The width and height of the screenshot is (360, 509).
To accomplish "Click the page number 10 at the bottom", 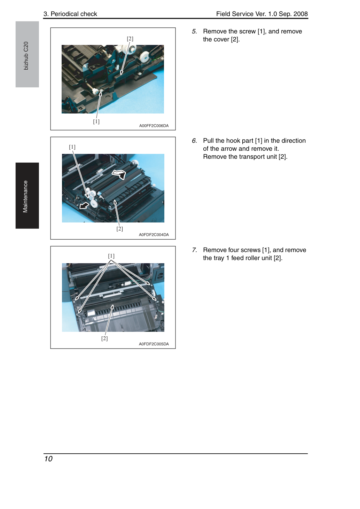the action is [x=48, y=459].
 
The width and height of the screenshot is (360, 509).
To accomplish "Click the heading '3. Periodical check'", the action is [x=70, y=14].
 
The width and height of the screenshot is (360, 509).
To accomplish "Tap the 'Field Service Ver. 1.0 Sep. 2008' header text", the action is [x=262, y=14].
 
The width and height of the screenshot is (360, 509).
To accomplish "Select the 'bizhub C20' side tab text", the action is [x=26, y=56].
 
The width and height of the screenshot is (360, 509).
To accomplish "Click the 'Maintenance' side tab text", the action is [x=25, y=197].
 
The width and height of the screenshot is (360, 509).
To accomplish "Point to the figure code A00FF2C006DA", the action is [x=154, y=126].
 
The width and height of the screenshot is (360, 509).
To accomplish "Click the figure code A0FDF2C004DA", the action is [x=154, y=235].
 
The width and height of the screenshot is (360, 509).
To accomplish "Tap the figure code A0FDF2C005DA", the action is [x=154, y=344].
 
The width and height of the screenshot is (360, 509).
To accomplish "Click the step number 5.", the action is [x=194, y=31].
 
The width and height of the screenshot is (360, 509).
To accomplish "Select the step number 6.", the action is [x=194, y=141].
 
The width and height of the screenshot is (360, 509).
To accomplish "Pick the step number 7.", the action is [x=194, y=250].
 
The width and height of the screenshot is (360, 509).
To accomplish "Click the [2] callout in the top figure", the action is [x=130, y=39].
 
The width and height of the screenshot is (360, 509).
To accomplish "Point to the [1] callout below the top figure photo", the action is [x=96, y=122].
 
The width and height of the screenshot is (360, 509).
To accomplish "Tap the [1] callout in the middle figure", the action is [x=72, y=147].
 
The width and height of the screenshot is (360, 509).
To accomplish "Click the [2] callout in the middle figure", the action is [x=119, y=229].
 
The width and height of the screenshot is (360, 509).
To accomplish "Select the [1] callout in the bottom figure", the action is [x=111, y=256].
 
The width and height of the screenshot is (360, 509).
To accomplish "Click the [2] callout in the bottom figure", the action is [x=104, y=338].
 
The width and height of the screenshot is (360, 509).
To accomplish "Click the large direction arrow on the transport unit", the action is [x=119, y=174].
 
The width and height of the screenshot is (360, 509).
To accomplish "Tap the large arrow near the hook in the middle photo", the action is [x=84, y=206].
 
